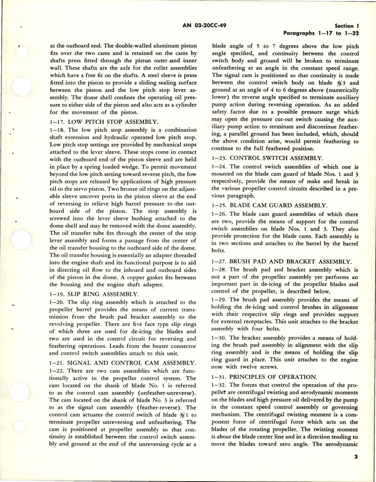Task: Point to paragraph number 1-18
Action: tap(57, 130)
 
